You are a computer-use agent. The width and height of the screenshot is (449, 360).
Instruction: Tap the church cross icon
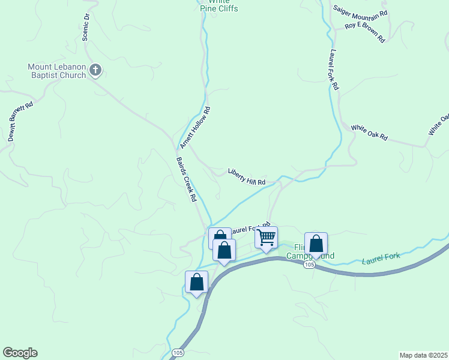tap(95, 71)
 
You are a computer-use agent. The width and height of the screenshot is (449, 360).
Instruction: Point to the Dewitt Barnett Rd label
tap(20, 122)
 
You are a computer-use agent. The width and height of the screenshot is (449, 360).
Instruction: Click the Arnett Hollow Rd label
tap(196, 128)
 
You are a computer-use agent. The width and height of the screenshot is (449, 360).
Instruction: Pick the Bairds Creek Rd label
tap(187, 179)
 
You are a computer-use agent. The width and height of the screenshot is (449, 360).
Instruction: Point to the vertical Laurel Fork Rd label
tap(334, 70)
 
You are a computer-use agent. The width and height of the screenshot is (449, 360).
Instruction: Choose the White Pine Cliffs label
tap(218, 7)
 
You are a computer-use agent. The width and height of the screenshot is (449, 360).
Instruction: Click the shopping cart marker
tap(266, 238)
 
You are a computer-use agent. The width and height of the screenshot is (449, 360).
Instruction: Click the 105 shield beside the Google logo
tap(177, 352)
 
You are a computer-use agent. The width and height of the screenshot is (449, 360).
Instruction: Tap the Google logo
tap(20, 353)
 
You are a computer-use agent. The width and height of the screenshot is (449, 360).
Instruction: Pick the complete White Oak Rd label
tap(369, 133)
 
